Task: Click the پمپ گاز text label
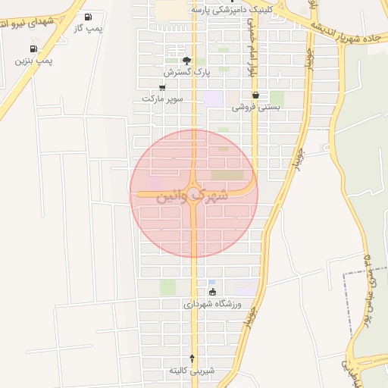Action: [x=89, y=27]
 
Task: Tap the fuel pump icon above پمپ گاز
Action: [x=89, y=17]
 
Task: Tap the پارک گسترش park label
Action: [x=186, y=72]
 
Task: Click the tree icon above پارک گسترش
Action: [x=186, y=61]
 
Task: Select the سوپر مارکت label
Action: [x=162, y=99]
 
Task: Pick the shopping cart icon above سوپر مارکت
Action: [x=162, y=87]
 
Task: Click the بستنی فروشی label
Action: [x=255, y=108]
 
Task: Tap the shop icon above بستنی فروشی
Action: [x=255, y=96]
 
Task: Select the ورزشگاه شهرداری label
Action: [x=212, y=304]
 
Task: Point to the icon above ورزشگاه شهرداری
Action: [x=212, y=292]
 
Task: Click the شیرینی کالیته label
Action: [x=192, y=370]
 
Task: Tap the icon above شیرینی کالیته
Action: [x=192, y=358]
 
